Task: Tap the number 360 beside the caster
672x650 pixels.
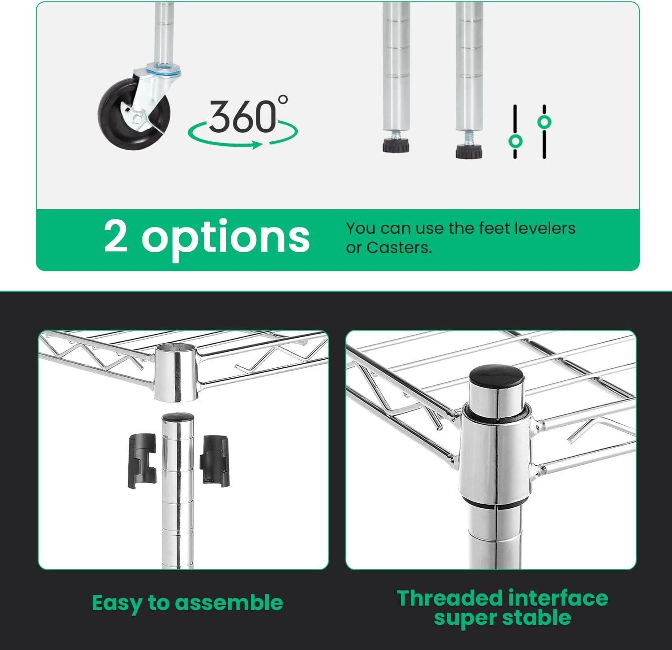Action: pyautogui.click(x=242, y=116)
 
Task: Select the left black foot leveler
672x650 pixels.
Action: pyautogui.click(x=396, y=146)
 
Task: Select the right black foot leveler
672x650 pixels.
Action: pyautogui.click(x=469, y=152)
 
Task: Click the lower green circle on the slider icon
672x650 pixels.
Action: pyautogui.click(x=515, y=141)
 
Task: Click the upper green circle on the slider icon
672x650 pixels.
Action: pyautogui.click(x=544, y=122)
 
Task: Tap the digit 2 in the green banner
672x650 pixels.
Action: pyautogui.click(x=116, y=235)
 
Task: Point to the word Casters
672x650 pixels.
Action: pyautogui.click(x=399, y=248)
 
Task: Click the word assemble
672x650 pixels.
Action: pyautogui.click(x=229, y=603)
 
